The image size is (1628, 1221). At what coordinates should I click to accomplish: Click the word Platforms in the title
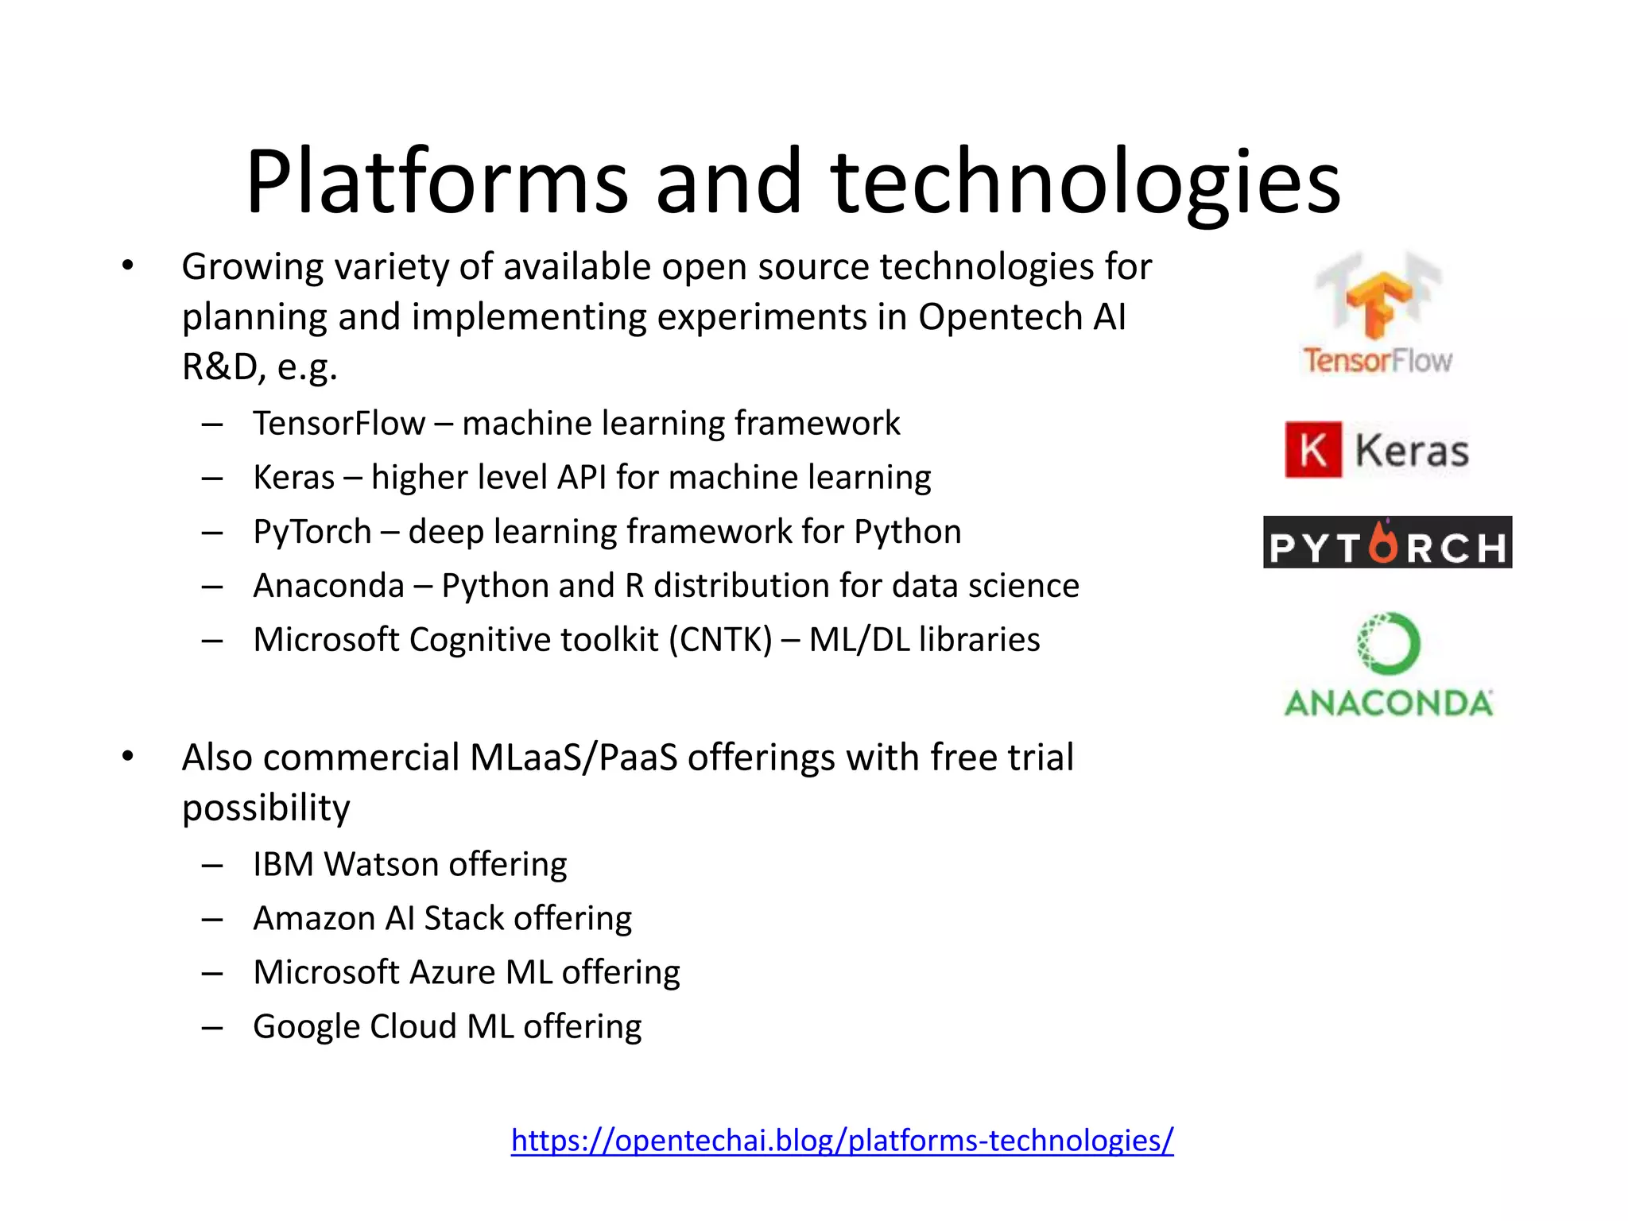pyautogui.click(x=437, y=183)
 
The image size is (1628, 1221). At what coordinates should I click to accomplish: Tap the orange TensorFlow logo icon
pyautogui.click(x=1378, y=302)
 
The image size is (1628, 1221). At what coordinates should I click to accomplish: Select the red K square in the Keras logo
pyautogui.click(x=1313, y=450)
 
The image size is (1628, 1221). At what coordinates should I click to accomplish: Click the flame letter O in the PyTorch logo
pyautogui.click(x=1384, y=544)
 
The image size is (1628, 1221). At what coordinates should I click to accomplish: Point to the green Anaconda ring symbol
pyautogui.click(x=1388, y=643)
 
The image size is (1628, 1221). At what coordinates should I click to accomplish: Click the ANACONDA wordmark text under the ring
pyautogui.click(x=1388, y=704)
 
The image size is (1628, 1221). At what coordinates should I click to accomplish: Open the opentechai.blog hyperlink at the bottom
pyautogui.click(x=842, y=1140)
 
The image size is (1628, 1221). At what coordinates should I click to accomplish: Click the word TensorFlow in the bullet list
pyautogui.click(x=339, y=424)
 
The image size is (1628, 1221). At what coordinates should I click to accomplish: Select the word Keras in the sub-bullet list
pyautogui.click(x=293, y=478)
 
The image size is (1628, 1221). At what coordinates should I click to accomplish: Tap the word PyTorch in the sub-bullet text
pyautogui.click(x=312, y=532)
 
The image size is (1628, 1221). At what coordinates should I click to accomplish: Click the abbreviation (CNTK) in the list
pyautogui.click(x=720, y=640)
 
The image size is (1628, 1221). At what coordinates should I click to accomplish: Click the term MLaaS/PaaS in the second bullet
pyautogui.click(x=573, y=758)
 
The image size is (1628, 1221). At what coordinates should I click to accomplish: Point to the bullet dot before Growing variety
pyautogui.click(x=128, y=266)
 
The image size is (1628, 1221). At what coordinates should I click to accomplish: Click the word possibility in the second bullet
pyautogui.click(x=266, y=808)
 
